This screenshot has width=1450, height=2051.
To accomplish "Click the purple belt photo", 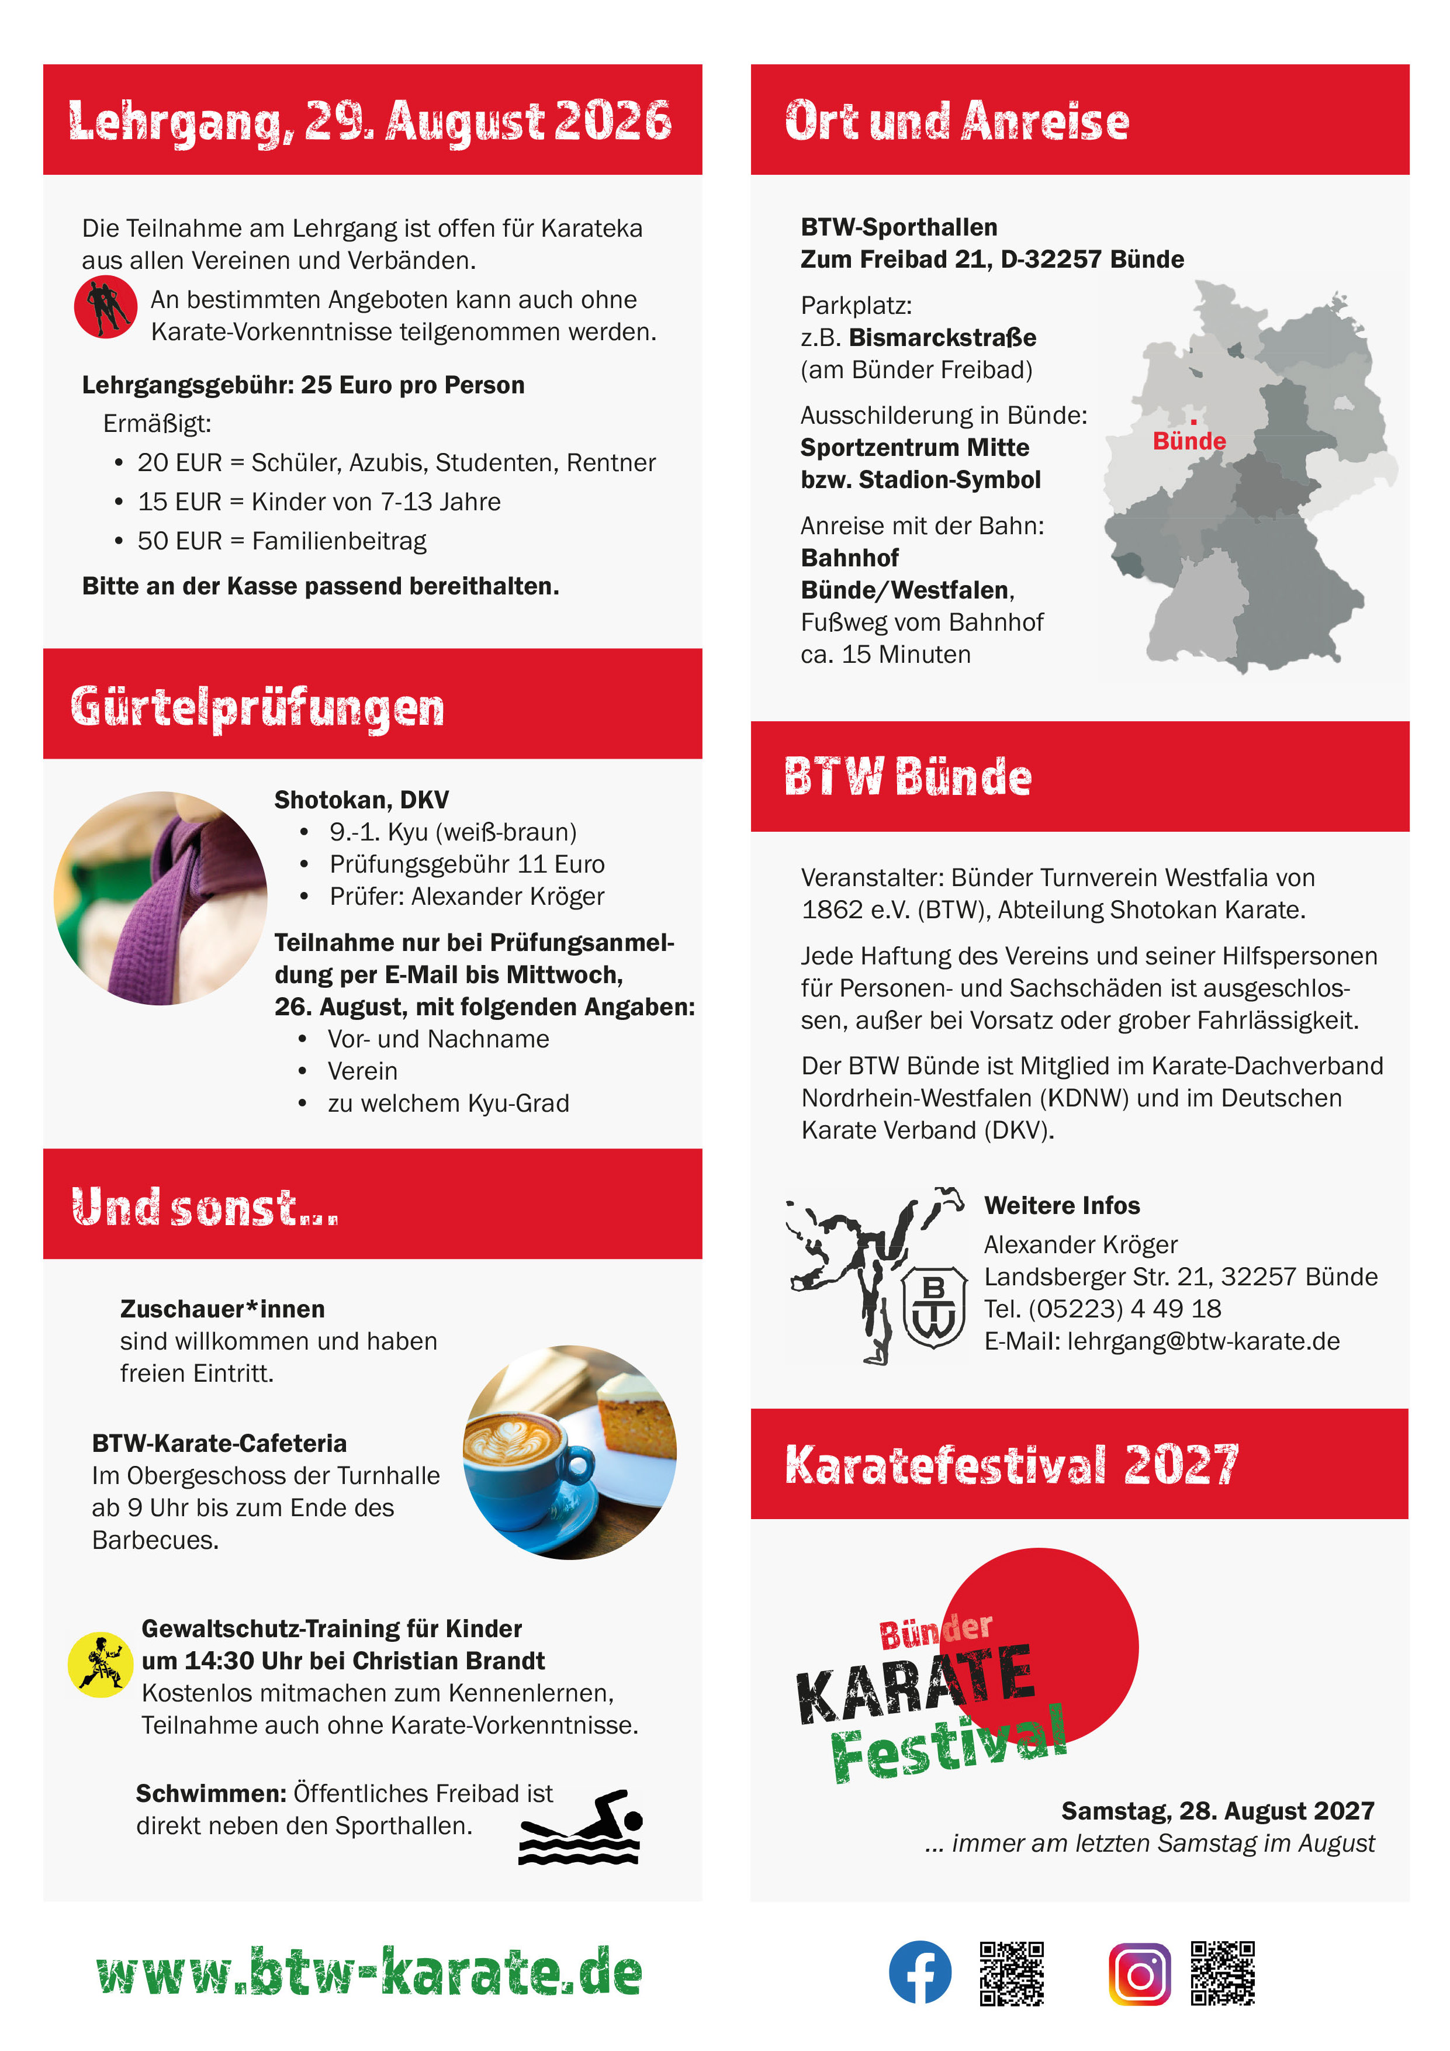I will (161, 898).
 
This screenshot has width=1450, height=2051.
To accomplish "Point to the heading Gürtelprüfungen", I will (257, 707).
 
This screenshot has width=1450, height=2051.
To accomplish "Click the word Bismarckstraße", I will (943, 338).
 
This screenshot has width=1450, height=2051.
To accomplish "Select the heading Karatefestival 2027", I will (1011, 1465).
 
